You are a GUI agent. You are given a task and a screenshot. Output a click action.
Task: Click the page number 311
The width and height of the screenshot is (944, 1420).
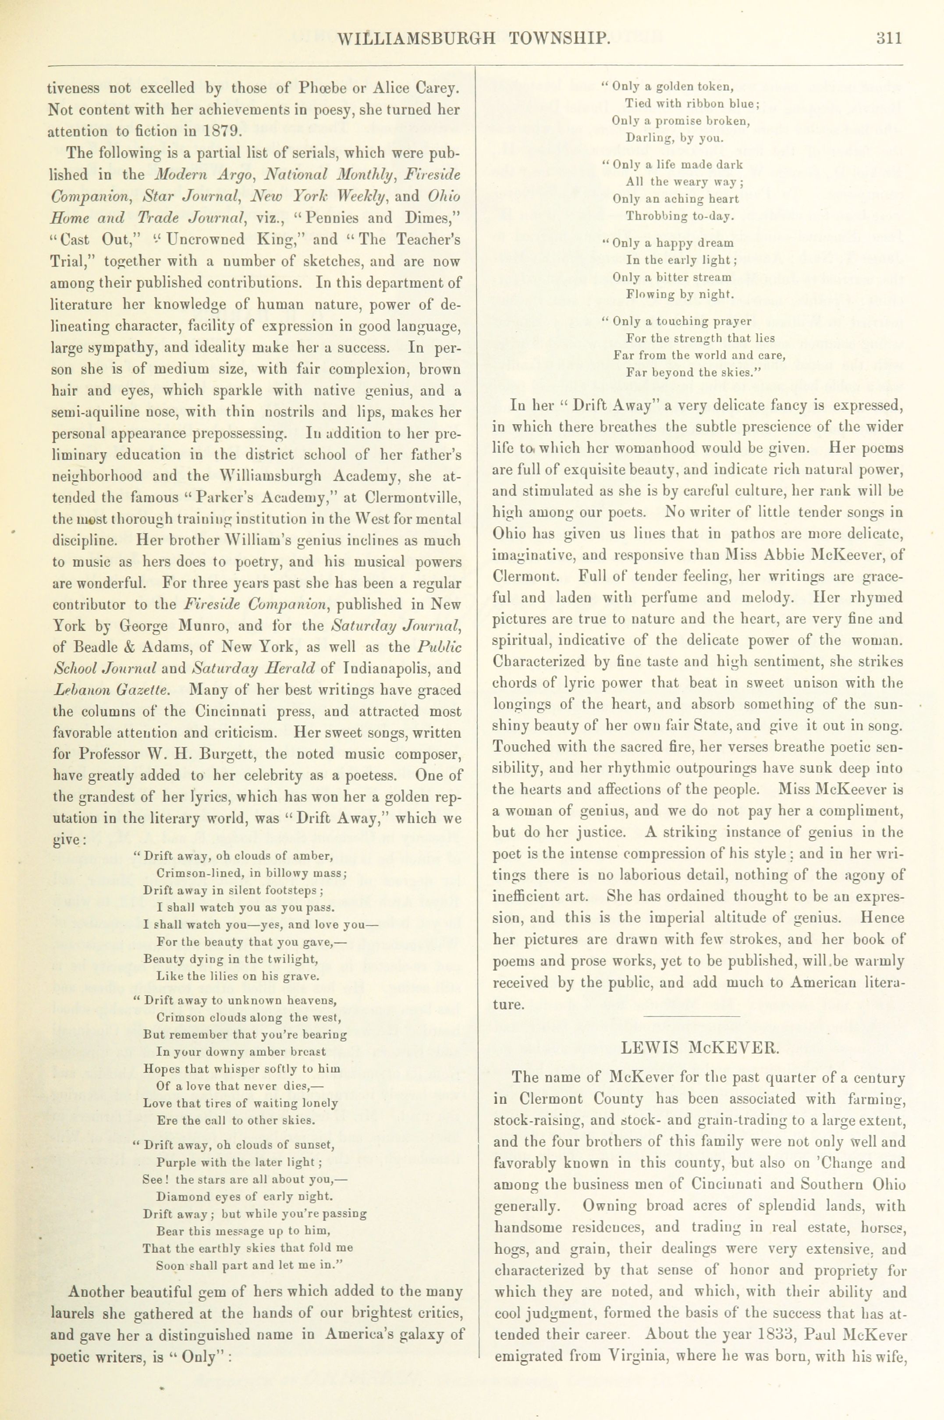(x=889, y=39)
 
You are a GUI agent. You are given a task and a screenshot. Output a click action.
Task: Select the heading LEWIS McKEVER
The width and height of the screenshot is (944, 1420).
(x=700, y=1048)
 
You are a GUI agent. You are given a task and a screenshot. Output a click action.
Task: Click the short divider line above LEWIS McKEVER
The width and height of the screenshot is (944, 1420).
(x=691, y=1017)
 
